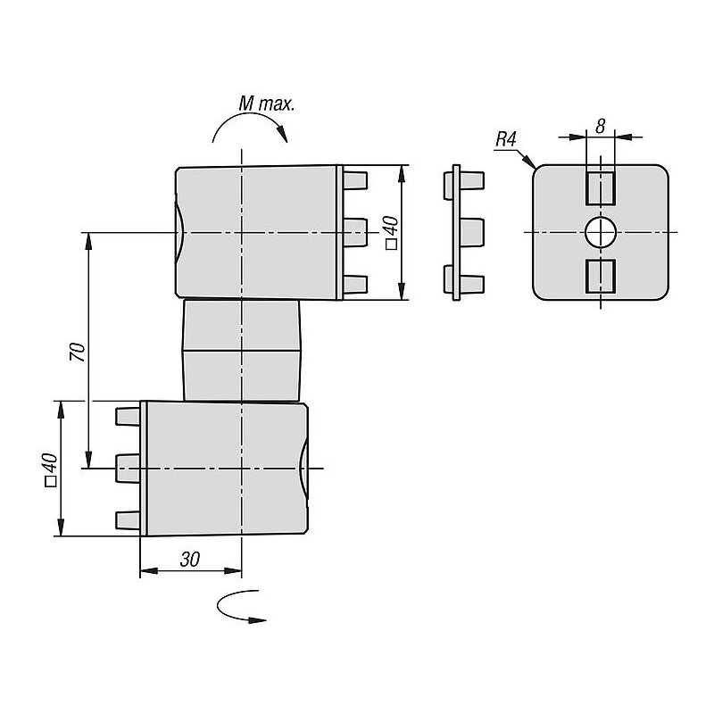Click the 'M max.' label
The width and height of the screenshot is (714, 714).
click(x=265, y=104)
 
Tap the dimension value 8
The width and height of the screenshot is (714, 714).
click(x=601, y=127)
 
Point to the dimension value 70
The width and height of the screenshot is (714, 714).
click(x=78, y=352)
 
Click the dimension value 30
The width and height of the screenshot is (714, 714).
click(x=189, y=560)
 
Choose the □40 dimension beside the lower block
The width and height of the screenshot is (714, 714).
click(x=50, y=469)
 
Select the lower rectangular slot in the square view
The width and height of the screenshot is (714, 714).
click(x=601, y=277)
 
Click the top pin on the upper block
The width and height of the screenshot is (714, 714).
click(x=355, y=181)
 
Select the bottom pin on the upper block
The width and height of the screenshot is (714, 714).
click(x=355, y=284)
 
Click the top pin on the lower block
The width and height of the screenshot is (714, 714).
click(x=128, y=416)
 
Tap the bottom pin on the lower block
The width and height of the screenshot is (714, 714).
click(x=128, y=519)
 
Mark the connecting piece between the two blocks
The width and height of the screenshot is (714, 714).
click(x=241, y=350)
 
